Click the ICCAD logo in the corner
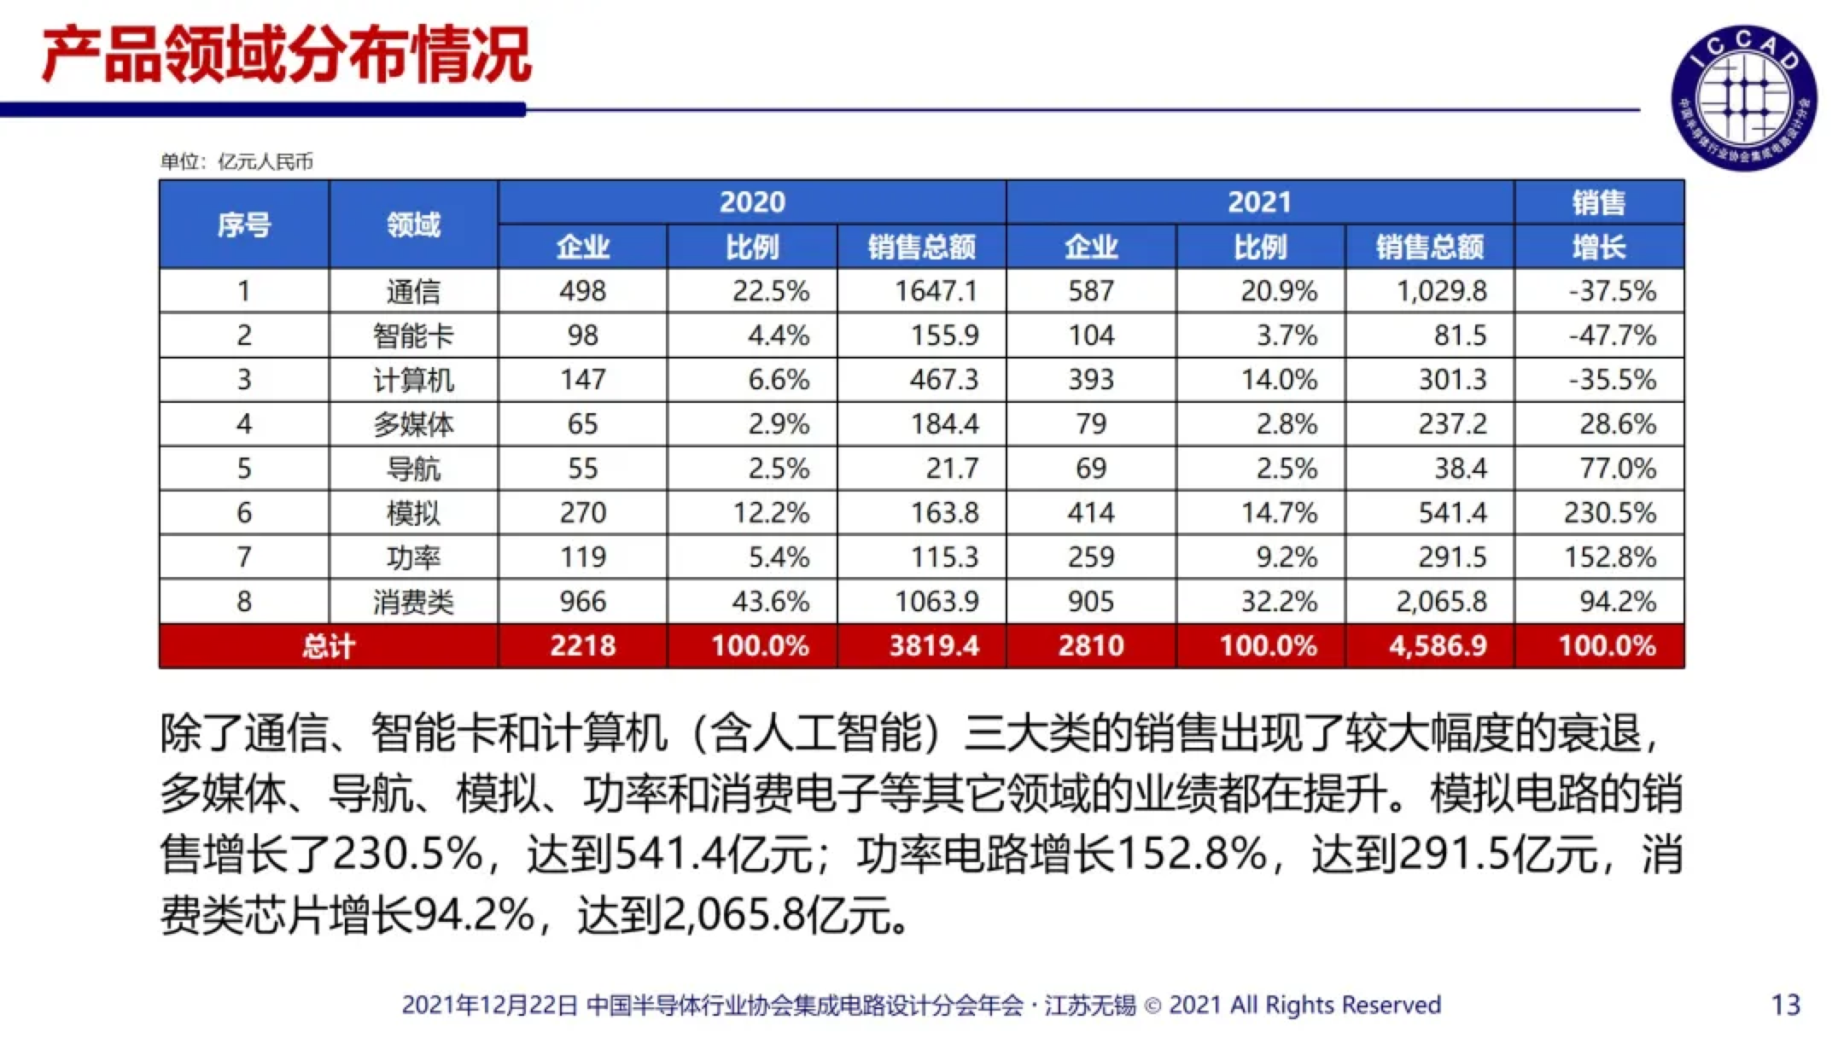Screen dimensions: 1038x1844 click(x=1743, y=97)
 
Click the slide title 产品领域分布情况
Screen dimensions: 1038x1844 click(x=287, y=56)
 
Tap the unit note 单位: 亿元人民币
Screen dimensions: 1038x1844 click(x=236, y=161)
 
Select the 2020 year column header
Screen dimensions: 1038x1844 click(x=751, y=202)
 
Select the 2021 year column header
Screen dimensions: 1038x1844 click(x=1259, y=202)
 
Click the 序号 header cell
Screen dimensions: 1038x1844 click(x=243, y=225)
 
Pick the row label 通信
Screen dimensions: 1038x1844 click(x=413, y=291)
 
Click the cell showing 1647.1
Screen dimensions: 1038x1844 click(x=935, y=291)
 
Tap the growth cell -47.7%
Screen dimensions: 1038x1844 click(x=1612, y=335)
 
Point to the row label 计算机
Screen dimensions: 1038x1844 click(x=413, y=380)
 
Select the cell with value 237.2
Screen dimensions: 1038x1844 click(x=1452, y=424)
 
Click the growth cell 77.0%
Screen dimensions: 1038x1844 click(x=1617, y=469)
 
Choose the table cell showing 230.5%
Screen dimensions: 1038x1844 click(x=1609, y=513)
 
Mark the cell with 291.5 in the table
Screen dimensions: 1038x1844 click(x=1452, y=557)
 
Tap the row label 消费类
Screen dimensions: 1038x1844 click(x=413, y=602)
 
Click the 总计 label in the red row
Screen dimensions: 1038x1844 click(x=328, y=646)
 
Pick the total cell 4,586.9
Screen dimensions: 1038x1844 click(x=1438, y=646)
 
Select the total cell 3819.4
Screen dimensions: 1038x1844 click(x=934, y=646)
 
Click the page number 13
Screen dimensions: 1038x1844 click(x=1786, y=1005)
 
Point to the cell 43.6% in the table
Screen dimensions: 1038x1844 click(x=770, y=602)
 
